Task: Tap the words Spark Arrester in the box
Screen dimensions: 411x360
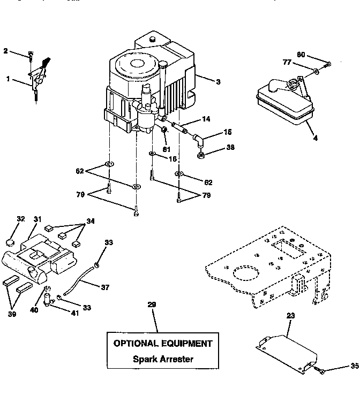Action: point(163,359)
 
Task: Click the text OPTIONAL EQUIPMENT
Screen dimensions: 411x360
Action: point(163,344)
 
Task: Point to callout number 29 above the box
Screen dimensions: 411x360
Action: point(152,305)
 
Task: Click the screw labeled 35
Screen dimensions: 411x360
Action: point(319,370)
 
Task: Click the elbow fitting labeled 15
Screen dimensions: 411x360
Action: point(198,141)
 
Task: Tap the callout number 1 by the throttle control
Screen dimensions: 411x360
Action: point(8,79)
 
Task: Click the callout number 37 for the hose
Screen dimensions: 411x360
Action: point(105,287)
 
